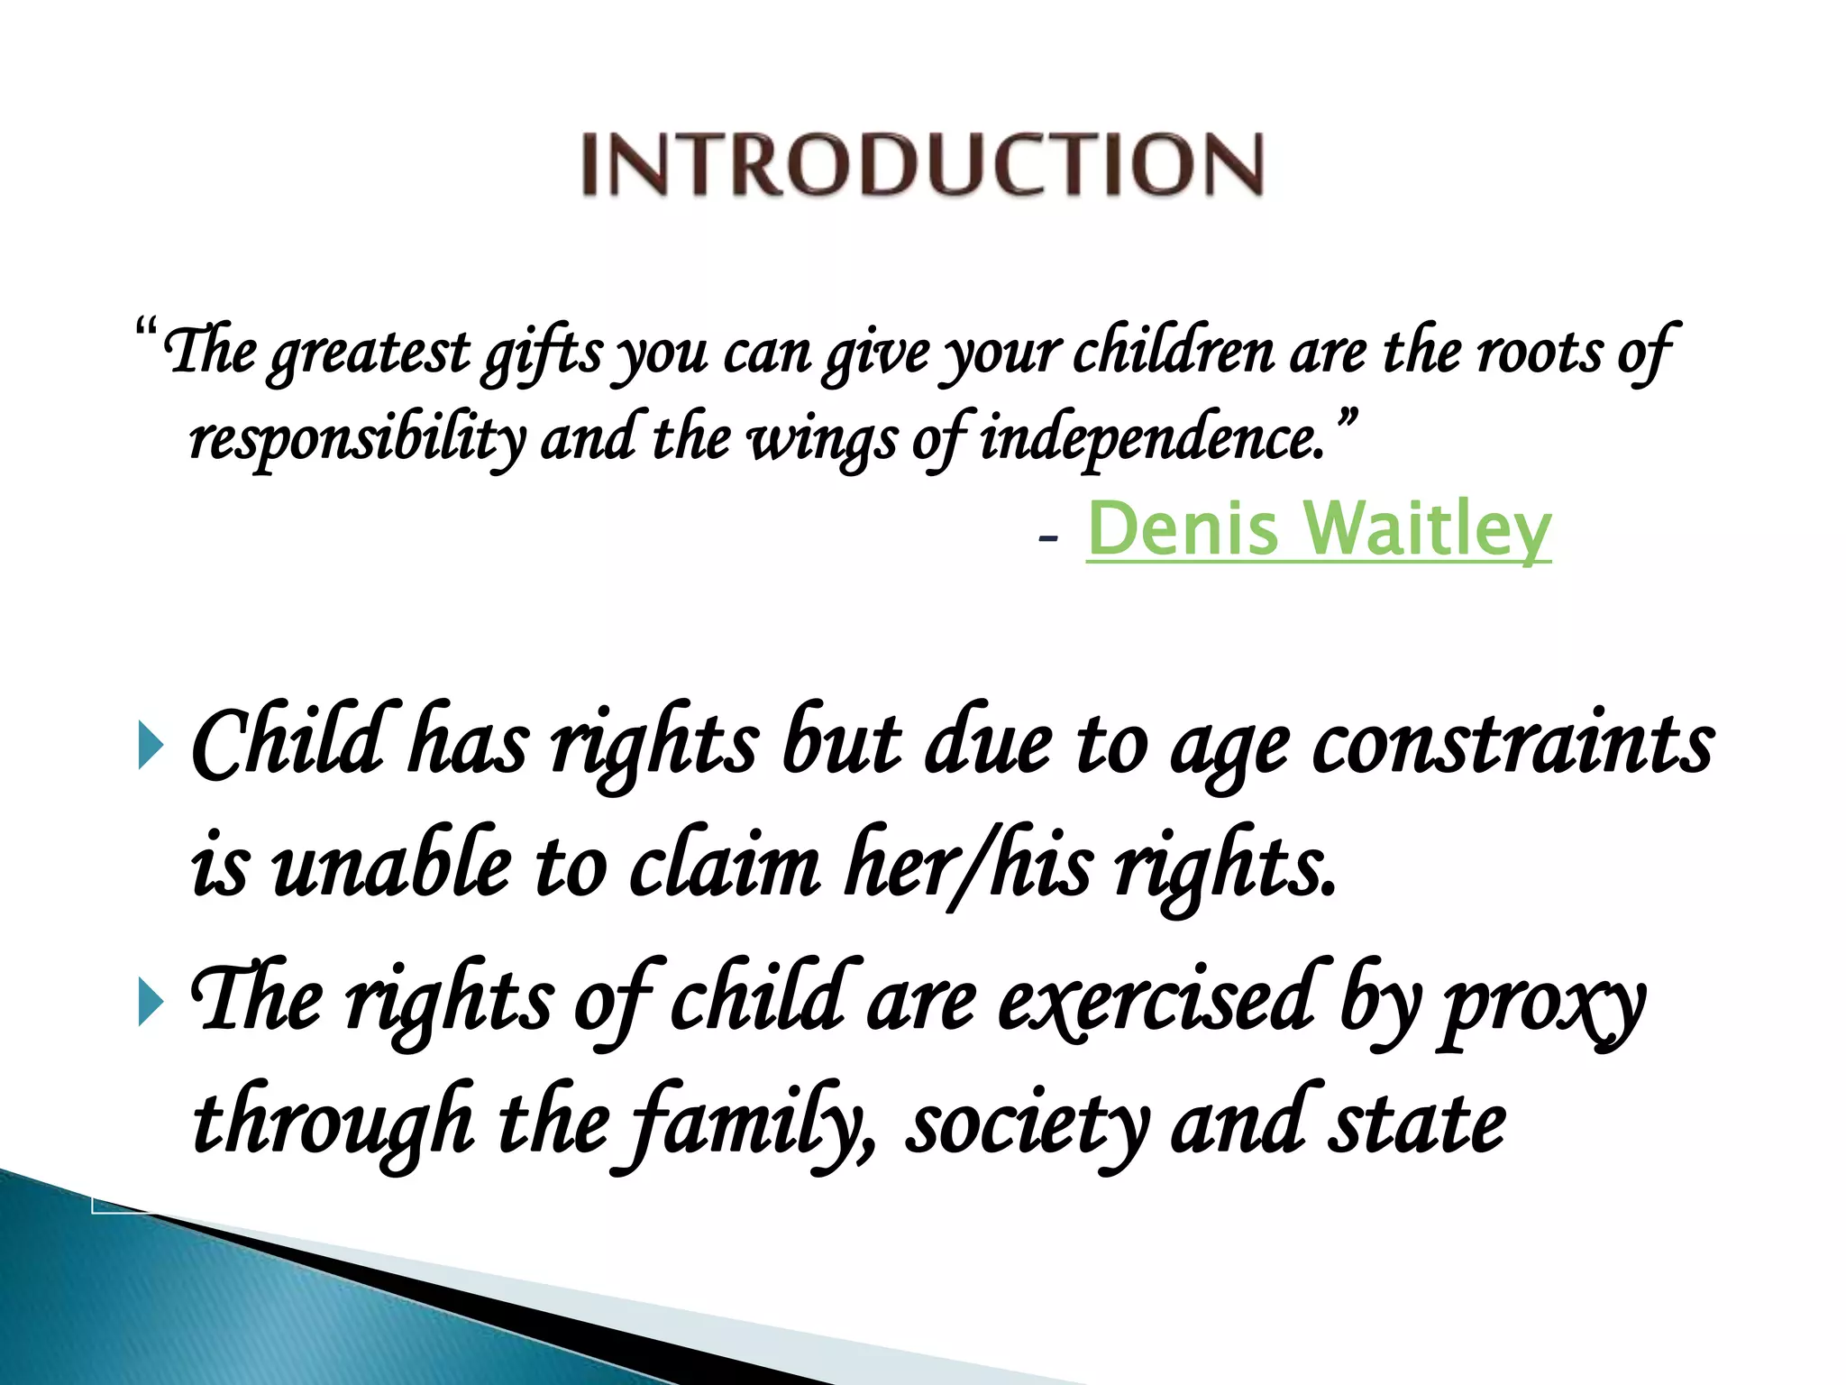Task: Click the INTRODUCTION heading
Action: point(922,164)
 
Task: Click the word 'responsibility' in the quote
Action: point(357,440)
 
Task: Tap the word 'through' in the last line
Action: point(334,1127)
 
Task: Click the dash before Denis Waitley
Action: point(1046,539)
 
